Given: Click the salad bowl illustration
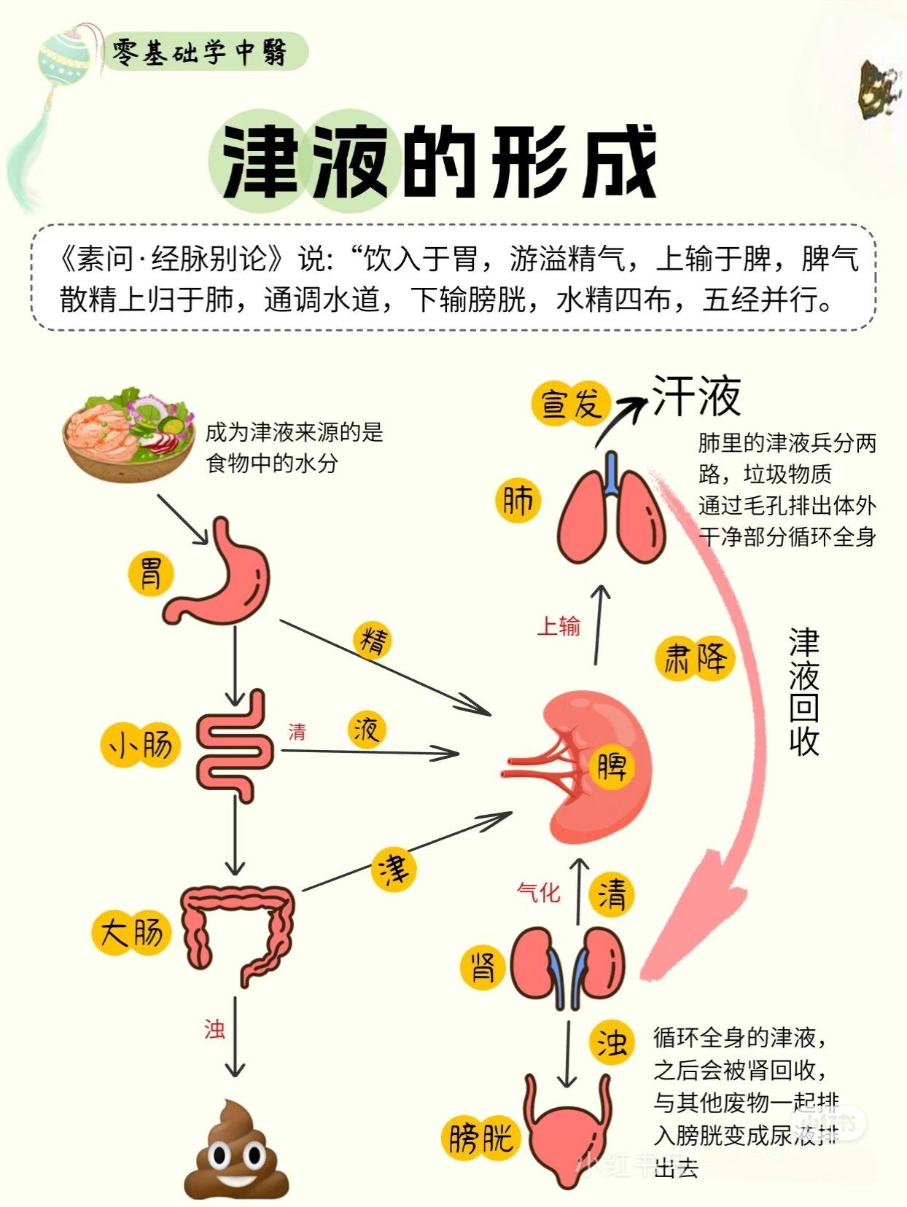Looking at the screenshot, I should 128,434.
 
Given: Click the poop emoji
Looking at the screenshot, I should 235,1149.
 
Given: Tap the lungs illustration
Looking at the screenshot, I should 611,514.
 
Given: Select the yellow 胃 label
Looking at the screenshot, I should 151,572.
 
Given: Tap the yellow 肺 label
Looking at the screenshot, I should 518,501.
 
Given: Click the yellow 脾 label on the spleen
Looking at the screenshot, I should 611,766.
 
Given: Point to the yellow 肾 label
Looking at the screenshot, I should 483,968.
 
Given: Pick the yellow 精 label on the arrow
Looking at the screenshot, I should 373,641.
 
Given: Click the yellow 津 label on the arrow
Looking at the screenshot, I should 394,868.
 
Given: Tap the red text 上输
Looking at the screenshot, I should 558,625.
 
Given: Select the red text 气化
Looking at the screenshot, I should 539,891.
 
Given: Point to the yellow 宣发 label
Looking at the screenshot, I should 571,403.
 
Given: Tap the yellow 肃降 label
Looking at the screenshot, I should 695,658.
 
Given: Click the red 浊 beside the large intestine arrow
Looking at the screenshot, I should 214,1028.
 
